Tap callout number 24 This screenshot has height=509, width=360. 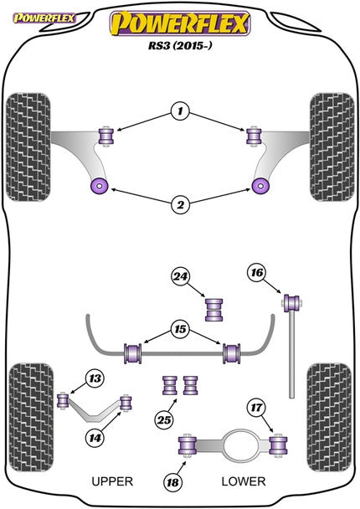tap(179, 277)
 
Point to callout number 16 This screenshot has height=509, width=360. tap(256, 272)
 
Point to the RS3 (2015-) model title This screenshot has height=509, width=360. tap(179, 48)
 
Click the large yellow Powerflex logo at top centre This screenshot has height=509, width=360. tap(179, 23)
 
